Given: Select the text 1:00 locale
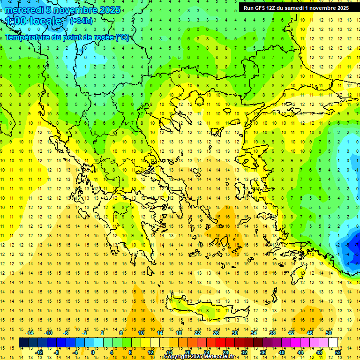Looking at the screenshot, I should [x=33, y=21].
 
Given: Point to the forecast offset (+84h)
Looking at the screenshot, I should [x=81, y=21].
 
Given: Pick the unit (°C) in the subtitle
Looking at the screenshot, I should [x=122, y=37].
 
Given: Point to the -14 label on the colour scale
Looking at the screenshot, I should [x=30, y=332].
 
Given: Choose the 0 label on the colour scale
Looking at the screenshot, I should [x=93, y=352].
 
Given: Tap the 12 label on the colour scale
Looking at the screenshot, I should [x=150, y=352].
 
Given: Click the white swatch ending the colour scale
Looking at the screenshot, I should [x=333, y=342].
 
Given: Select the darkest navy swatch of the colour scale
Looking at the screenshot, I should [x=23, y=342].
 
